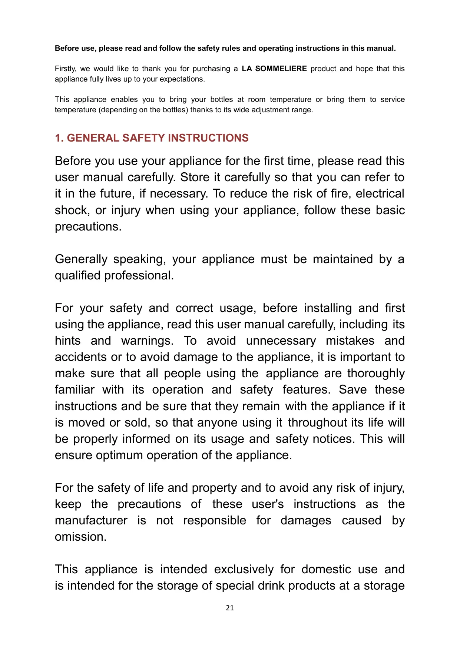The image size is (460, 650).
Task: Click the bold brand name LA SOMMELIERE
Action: pyautogui.click(x=274, y=69)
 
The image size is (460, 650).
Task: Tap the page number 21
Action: pyautogui.click(x=230, y=608)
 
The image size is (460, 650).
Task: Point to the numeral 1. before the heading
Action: pyautogui.click(x=59, y=138)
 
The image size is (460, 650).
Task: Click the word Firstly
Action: pyautogui.click(x=65, y=69)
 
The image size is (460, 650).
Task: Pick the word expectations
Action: pyautogui.click(x=182, y=79)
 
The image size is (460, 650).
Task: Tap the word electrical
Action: pyautogui.click(x=380, y=193)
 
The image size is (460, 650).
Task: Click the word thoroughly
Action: pyautogui.click(x=376, y=373)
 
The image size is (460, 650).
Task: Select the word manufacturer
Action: pyautogui.click(x=91, y=520)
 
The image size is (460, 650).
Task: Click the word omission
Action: pyautogui.click(x=80, y=537)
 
